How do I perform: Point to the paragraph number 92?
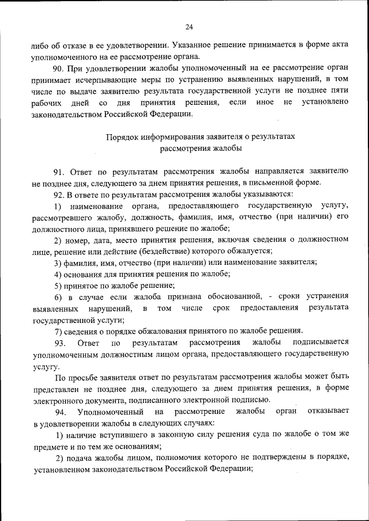point(60,194)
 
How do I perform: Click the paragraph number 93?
point(61,343)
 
